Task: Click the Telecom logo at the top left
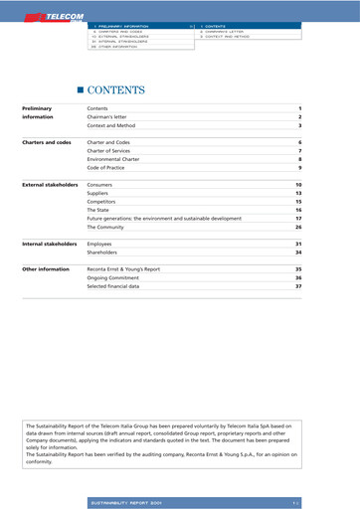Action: (x=41, y=17)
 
